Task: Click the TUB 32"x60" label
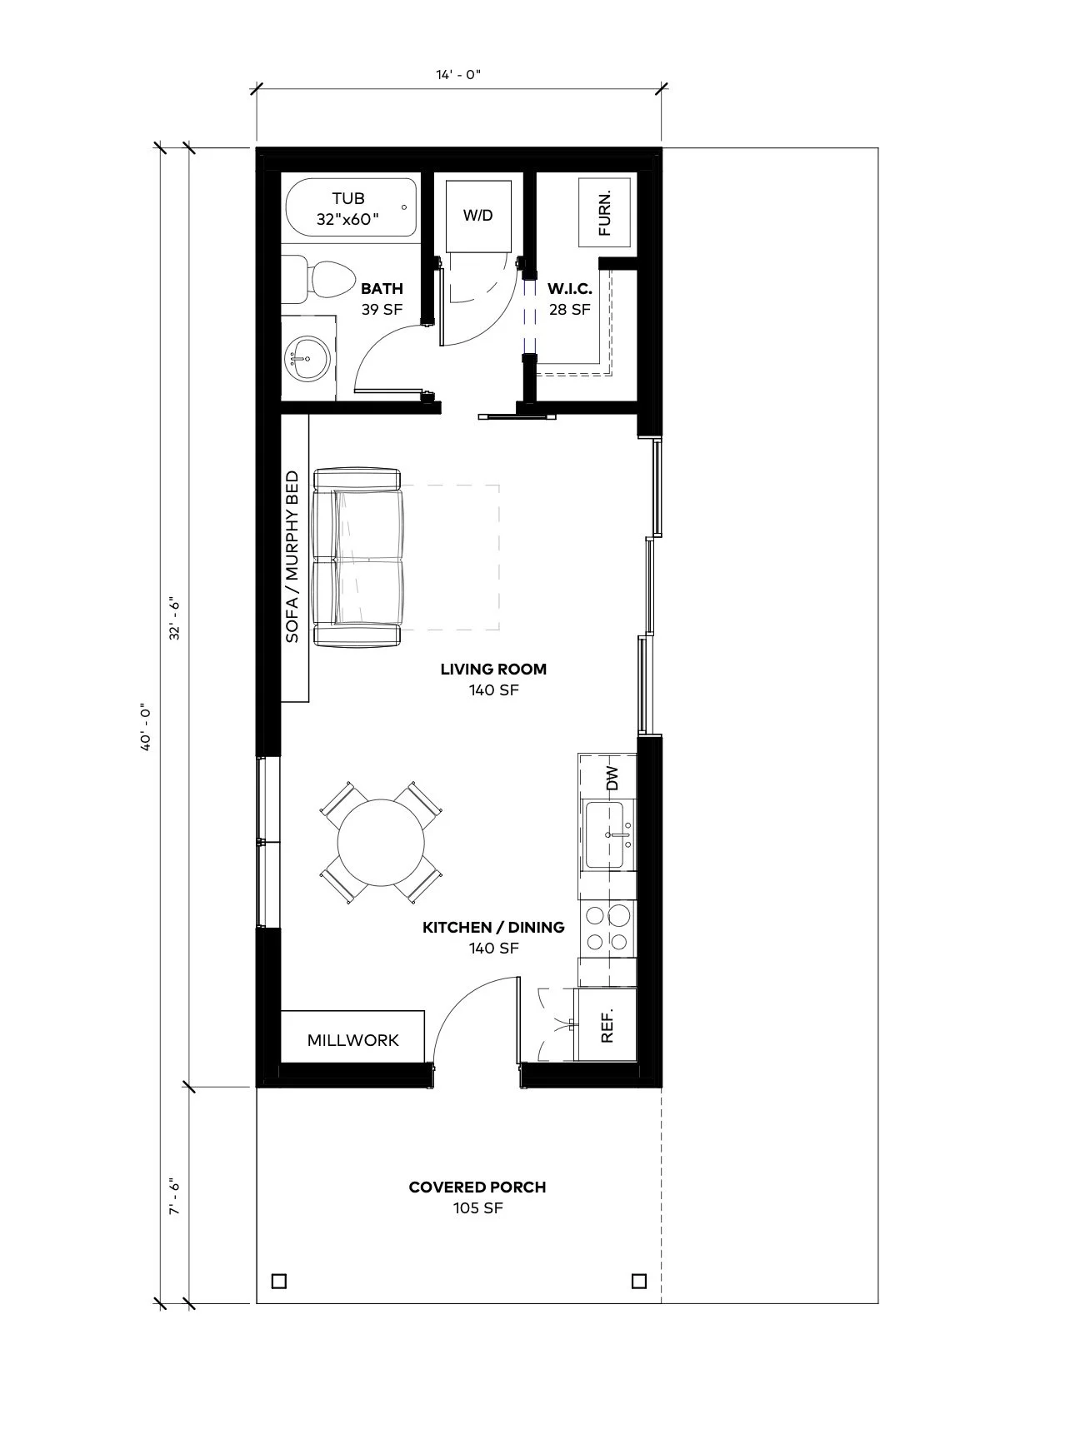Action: pyautogui.click(x=348, y=209)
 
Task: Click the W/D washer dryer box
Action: pyautogui.click(x=477, y=215)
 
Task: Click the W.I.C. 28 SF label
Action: pyautogui.click(x=569, y=299)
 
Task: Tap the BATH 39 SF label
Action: pyautogui.click(x=382, y=299)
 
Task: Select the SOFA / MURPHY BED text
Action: pyautogui.click(x=292, y=556)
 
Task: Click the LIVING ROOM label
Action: pyautogui.click(x=493, y=679)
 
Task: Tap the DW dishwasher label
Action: pyautogui.click(x=613, y=778)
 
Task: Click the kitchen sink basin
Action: pyautogui.click(x=608, y=834)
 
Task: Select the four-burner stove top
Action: pyautogui.click(x=607, y=928)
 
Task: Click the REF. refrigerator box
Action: pyautogui.click(x=607, y=1025)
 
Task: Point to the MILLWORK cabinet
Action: pyautogui.click(x=352, y=1039)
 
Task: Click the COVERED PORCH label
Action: pyautogui.click(x=477, y=1197)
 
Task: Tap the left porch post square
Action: pyautogui.click(x=279, y=1281)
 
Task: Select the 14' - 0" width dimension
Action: pyautogui.click(x=458, y=75)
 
